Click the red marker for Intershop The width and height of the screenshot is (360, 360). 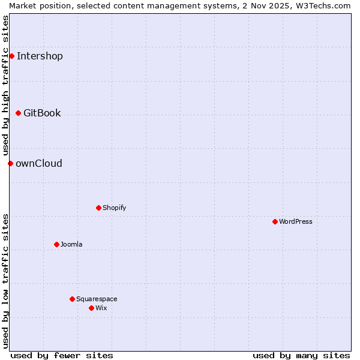click(x=11, y=56)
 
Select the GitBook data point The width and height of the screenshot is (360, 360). click(x=18, y=113)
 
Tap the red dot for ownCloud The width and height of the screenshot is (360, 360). click(x=10, y=163)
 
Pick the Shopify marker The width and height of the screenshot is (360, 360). click(x=98, y=208)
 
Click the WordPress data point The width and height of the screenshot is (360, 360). click(x=275, y=221)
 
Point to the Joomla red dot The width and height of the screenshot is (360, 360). click(x=56, y=244)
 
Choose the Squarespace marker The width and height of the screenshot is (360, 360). click(x=72, y=299)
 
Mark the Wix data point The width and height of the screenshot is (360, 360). click(x=91, y=308)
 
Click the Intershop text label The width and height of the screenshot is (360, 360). click(x=40, y=56)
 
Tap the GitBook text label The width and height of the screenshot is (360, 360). click(x=42, y=113)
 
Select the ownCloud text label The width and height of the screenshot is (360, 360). click(x=39, y=164)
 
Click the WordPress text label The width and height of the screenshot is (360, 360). click(x=296, y=222)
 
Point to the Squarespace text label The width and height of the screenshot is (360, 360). click(x=97, y=299)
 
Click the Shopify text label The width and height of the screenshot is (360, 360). click(x=114, y=208)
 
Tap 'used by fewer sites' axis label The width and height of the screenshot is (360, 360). click(x=62, y=355)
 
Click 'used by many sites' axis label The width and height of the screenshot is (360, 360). click(x=301, y=355)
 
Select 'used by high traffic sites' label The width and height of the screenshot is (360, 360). click(x=5, y=86)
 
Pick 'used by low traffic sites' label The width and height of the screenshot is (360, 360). click(x=5, y=281)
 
